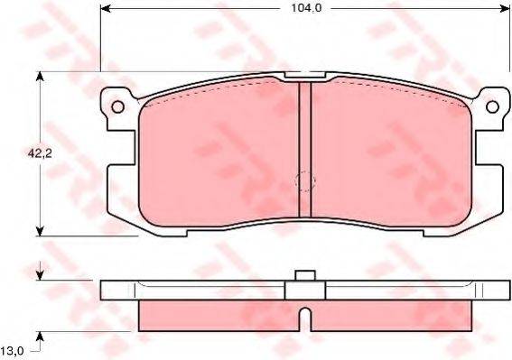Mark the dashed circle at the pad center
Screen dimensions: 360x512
305,180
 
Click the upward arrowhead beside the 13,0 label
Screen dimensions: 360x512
39,338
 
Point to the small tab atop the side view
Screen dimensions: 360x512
305,276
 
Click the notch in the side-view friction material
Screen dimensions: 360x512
305,318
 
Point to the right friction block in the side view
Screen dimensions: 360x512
388,313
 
